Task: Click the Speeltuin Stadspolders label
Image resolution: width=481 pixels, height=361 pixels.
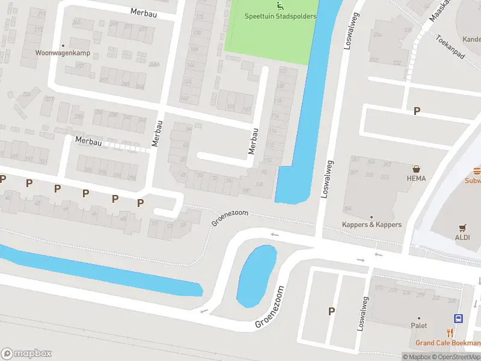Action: (x=280, y=16)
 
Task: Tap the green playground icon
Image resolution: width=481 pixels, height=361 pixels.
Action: (x=279, y=6)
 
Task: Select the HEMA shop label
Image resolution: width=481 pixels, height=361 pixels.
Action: (x=415, y=178)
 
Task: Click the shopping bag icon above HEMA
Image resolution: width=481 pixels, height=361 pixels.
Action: (x=415, y=169)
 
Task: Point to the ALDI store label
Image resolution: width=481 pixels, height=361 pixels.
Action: (x=463, y=237)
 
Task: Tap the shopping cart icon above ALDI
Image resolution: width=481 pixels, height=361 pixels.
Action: (x=462, y=227)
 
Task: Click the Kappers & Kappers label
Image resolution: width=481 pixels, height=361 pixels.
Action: (x=371, y=224)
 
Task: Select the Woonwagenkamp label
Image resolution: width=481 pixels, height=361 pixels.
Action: (x=62, y=53)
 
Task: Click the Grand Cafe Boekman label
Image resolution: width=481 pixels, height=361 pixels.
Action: (x=447, y=343)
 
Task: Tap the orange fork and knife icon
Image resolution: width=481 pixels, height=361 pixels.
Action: (x=450, y=332)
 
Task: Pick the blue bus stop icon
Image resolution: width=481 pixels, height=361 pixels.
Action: (x=458, y=319)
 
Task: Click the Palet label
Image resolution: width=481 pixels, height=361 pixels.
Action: (x=418, y=326)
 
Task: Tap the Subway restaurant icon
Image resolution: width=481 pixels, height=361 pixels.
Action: (x=477, y=170)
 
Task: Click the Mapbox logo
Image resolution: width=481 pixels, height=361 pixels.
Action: (x=26, y=354)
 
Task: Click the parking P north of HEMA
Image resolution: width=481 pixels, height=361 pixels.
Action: (x=417, y=111)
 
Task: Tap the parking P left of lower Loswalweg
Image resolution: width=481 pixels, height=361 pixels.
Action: (x=331, y=311)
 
